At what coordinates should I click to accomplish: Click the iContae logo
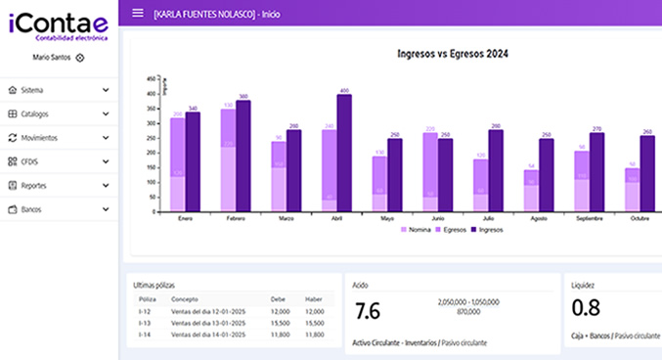pyautogui.click(x=58, y=26)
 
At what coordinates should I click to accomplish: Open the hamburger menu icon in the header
pyautogui.click(x=137, y=13)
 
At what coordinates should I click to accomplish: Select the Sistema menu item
pyautogui.click(x=58, y=90)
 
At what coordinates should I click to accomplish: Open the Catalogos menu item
pyautogui.click(x=58, y=114)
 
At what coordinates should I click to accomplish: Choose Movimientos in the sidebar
pyautogui.click(x=58, y=138)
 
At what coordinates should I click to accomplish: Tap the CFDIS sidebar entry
pyautogui.click(x=58, y=161)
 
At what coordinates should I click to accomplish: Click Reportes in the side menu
pyautogui.click(x=58, y=186)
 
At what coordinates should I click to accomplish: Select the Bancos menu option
pyautogui.click(x=58, y=209)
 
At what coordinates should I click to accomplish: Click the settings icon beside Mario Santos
pyautogui.click(x=80, y=58)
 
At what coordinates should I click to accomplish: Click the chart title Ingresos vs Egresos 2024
pyautogui.click(x=445, y=54)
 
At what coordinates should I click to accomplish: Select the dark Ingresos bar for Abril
pyautogui.click(x=344, y=153)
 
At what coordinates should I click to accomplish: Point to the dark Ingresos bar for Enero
pyautogui.click(x=193, y=161)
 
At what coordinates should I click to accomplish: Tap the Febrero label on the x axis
pyautogui.click(x=234, y=218)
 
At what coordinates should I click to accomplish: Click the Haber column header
pyautogui.click(x=314, y=299)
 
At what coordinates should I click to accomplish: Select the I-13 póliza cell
pyautogui.click(x=144, y=322)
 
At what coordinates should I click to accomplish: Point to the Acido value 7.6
pyautogui.click(x=368, y=312)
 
